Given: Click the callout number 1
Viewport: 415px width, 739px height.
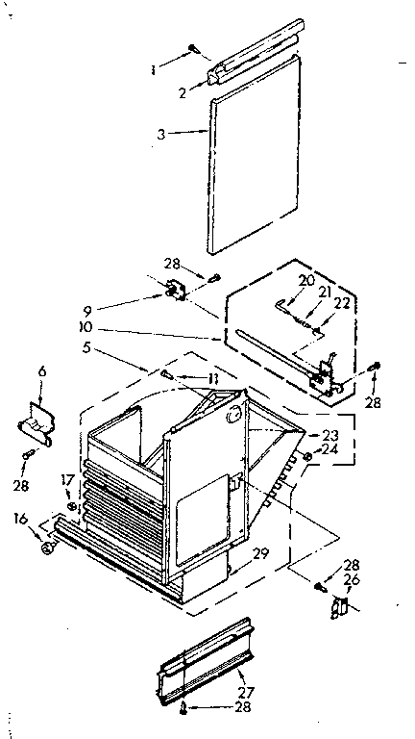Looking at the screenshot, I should click(152, 68).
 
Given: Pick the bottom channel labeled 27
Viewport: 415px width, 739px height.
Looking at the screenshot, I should click(207, 659).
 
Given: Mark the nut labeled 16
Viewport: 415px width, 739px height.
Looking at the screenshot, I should click(46, 548).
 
